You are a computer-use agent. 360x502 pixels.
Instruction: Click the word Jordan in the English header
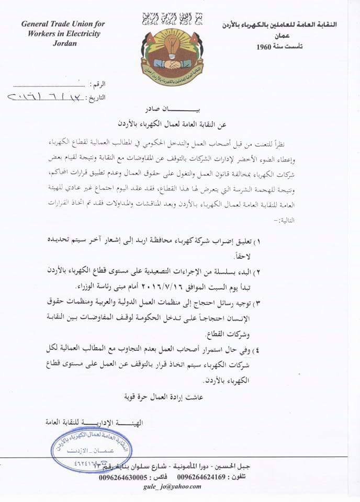[64, 43]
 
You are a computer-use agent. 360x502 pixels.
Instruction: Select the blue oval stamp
[91, 449]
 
